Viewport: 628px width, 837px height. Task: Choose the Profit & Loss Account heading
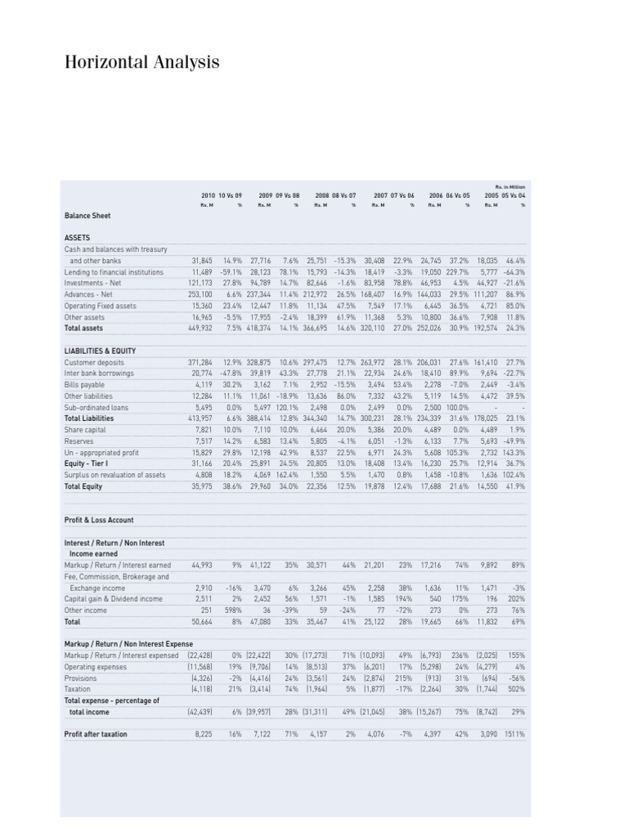click(x=98, y=519)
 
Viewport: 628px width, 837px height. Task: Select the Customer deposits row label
click(x=94, y=361)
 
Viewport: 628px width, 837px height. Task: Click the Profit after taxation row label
click(x=96, y=733)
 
